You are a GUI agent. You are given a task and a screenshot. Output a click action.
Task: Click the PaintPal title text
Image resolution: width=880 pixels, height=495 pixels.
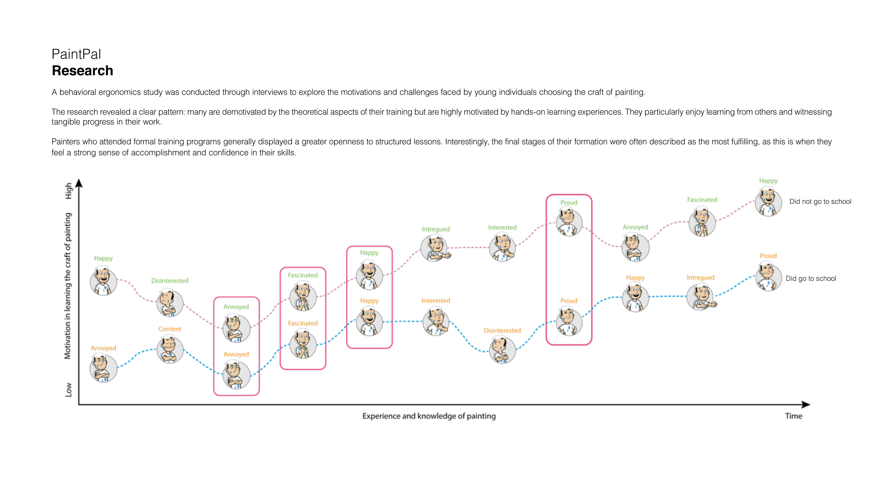[x=76, y=54]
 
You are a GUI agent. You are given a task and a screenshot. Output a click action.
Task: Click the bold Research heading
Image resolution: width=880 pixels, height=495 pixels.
[x=82, y=71]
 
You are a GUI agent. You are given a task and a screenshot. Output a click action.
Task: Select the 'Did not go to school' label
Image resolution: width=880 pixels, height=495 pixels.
[x=820, y=202]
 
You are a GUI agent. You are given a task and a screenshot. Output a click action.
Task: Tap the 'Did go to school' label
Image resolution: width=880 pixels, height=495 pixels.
[x=811, y=278]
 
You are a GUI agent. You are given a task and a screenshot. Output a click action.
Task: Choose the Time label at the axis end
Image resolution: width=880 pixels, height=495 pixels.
[x=793, y=416]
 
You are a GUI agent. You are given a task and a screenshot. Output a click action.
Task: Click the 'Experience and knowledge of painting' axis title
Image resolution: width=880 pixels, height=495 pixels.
[x=429, y=416]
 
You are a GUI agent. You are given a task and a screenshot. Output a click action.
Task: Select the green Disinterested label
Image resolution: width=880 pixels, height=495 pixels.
[x=170, y=281]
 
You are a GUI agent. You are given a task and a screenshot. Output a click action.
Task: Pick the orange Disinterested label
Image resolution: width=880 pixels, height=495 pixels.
[x=502, y=331]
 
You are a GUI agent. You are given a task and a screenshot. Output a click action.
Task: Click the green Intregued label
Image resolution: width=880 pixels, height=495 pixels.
[x=436, y=229]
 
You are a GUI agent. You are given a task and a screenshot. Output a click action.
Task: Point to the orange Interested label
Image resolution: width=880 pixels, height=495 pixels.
[x=436, y=301]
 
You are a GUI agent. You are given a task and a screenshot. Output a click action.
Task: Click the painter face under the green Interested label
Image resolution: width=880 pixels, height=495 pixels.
[x=502, y=247]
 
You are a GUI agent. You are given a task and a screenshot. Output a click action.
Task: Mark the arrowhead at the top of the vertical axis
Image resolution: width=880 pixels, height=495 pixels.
[x=79, y=183]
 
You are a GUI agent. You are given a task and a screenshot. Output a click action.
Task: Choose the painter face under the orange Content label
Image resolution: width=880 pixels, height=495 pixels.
[x=170, y=349]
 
